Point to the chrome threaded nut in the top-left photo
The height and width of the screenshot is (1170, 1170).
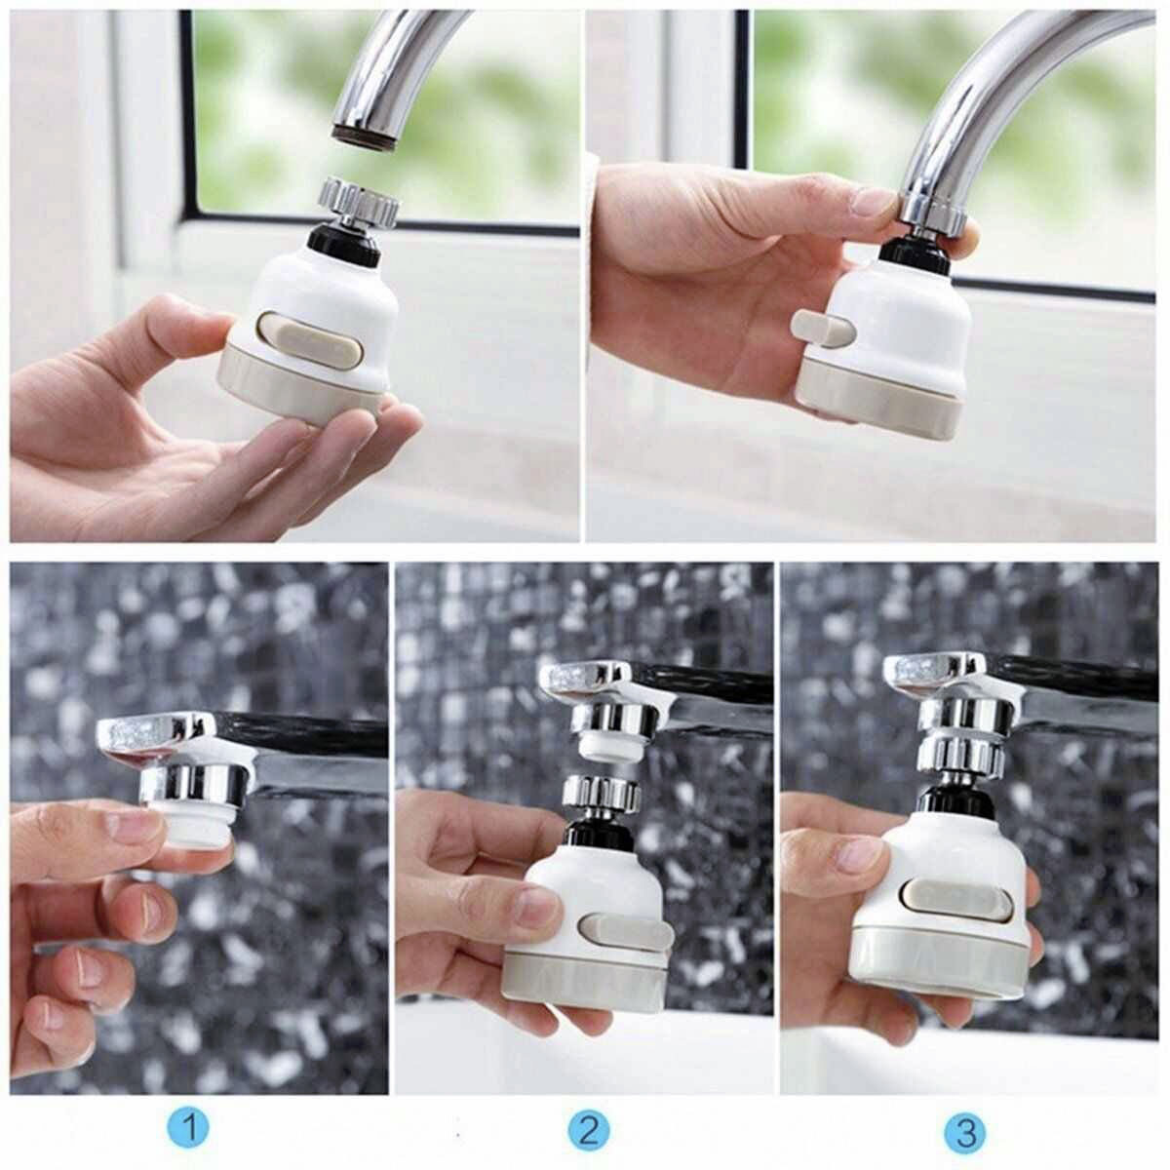(x=360, y=201)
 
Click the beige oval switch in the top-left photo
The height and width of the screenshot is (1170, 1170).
(x=310, y=341)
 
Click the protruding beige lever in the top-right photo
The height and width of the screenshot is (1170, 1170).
(x=822, y=329)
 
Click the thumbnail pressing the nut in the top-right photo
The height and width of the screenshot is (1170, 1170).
(x=874, y=201)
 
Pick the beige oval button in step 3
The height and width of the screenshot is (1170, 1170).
(x=957, y=901)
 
